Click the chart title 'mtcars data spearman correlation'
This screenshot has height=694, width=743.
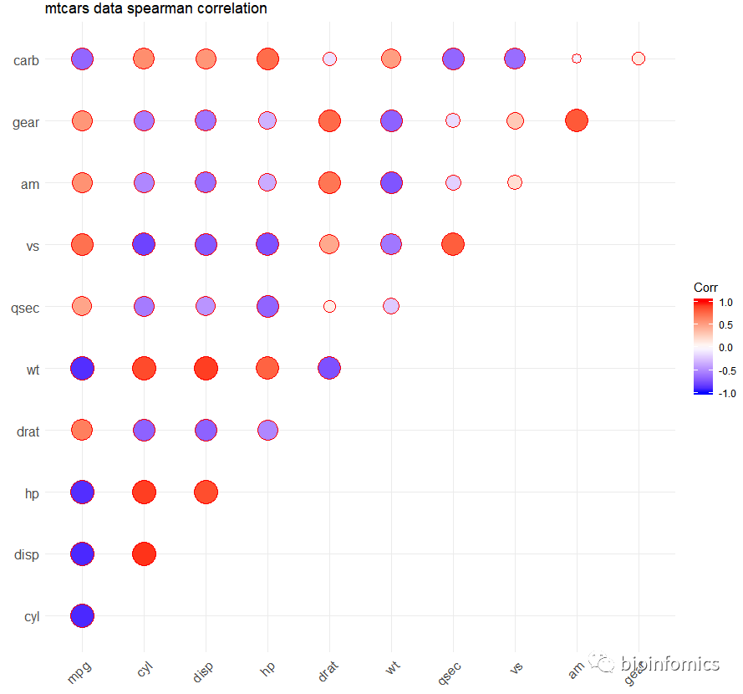coord(156,9)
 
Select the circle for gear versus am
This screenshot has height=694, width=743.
coord(577,120)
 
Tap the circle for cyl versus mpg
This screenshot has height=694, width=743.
coord(82,615)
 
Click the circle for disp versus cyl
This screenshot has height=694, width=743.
coord(144,554)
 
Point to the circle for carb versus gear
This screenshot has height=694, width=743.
coord(639,59)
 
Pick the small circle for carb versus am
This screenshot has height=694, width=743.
coord(577,59)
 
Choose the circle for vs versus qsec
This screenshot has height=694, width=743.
coord(453,244)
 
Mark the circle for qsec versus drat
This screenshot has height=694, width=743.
coord(329,306)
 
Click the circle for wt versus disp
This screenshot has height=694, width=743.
coord(206,368)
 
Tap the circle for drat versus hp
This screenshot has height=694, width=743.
coord(267,430)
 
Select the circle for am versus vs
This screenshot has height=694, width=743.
coord(515,182)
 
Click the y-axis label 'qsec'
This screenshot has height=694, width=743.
coord(25,307)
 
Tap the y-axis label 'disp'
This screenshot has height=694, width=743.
coord(26,554)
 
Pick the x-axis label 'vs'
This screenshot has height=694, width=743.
coord(516,669)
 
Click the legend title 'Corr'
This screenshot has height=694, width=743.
coord(705,288)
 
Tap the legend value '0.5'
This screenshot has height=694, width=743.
coord(725,325)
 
